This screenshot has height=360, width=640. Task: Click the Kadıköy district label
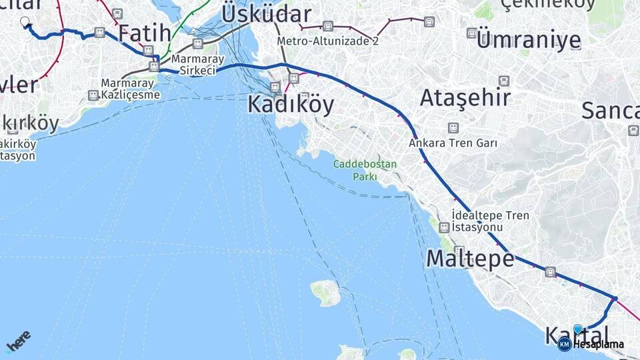tap(291, 105)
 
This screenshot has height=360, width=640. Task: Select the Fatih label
tap(140, 33)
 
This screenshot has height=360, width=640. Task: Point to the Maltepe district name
tap(470, 258)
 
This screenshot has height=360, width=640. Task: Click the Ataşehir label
tap(465, 98)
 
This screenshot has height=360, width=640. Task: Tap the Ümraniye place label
tap(529, 40)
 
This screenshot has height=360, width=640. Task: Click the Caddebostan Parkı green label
tap(365, 170)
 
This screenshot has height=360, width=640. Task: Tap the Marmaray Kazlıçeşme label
tap(131, 89)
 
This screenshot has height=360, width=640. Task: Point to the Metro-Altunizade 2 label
tap(328, 41)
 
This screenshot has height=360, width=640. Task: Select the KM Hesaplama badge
tap(591, 344)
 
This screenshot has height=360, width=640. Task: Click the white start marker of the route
tap(25, 21)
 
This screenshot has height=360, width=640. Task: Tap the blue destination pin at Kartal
tap(577, 329)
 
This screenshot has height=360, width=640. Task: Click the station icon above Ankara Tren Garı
tap(453, 128)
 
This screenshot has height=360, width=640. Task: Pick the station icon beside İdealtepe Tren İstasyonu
tap(444, 227)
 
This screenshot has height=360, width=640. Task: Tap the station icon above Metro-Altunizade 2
tap(327, 26)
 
